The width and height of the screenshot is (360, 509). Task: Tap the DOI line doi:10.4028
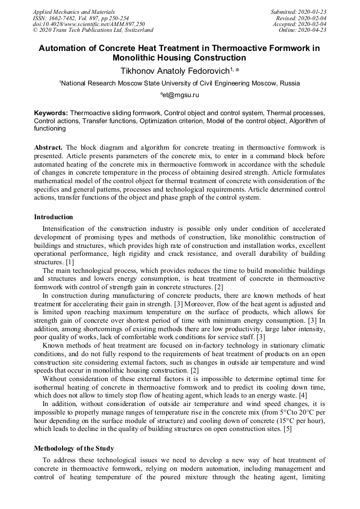[89, 24]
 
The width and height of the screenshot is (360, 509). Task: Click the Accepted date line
[299, 24]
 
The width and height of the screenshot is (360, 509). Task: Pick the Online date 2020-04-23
[302, 30]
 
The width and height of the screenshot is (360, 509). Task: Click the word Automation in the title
[63, 48]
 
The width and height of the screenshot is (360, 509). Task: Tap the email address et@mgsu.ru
[180, 95]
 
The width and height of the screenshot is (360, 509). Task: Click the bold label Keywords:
[51, 113]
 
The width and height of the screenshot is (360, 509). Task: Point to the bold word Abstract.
[48, 147]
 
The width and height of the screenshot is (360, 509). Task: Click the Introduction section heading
[54, 217]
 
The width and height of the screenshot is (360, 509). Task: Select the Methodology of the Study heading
[74, 448]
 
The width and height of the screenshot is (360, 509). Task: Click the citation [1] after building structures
[70, 262]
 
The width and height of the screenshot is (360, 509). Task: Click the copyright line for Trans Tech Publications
[93, 30]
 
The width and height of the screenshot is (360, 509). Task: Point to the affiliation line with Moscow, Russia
[179, 83]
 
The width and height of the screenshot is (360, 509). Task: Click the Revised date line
[301, 18]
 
